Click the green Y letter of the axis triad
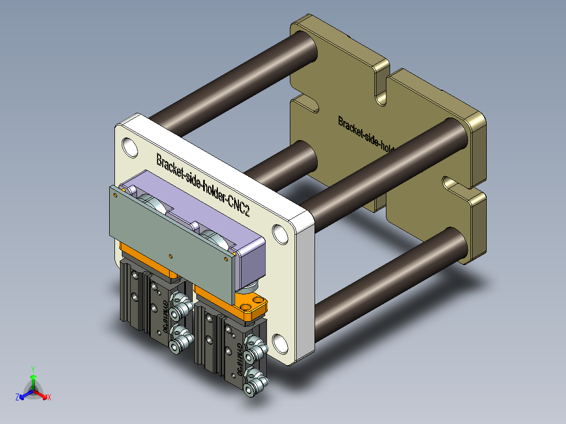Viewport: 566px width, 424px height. coord(33,369)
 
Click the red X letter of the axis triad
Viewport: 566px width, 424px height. coord(49,398)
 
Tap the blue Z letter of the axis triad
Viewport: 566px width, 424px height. coord(17,398)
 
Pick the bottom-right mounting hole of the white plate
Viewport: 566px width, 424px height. coord(280,344)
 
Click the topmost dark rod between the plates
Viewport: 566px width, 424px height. coord(231,79)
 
